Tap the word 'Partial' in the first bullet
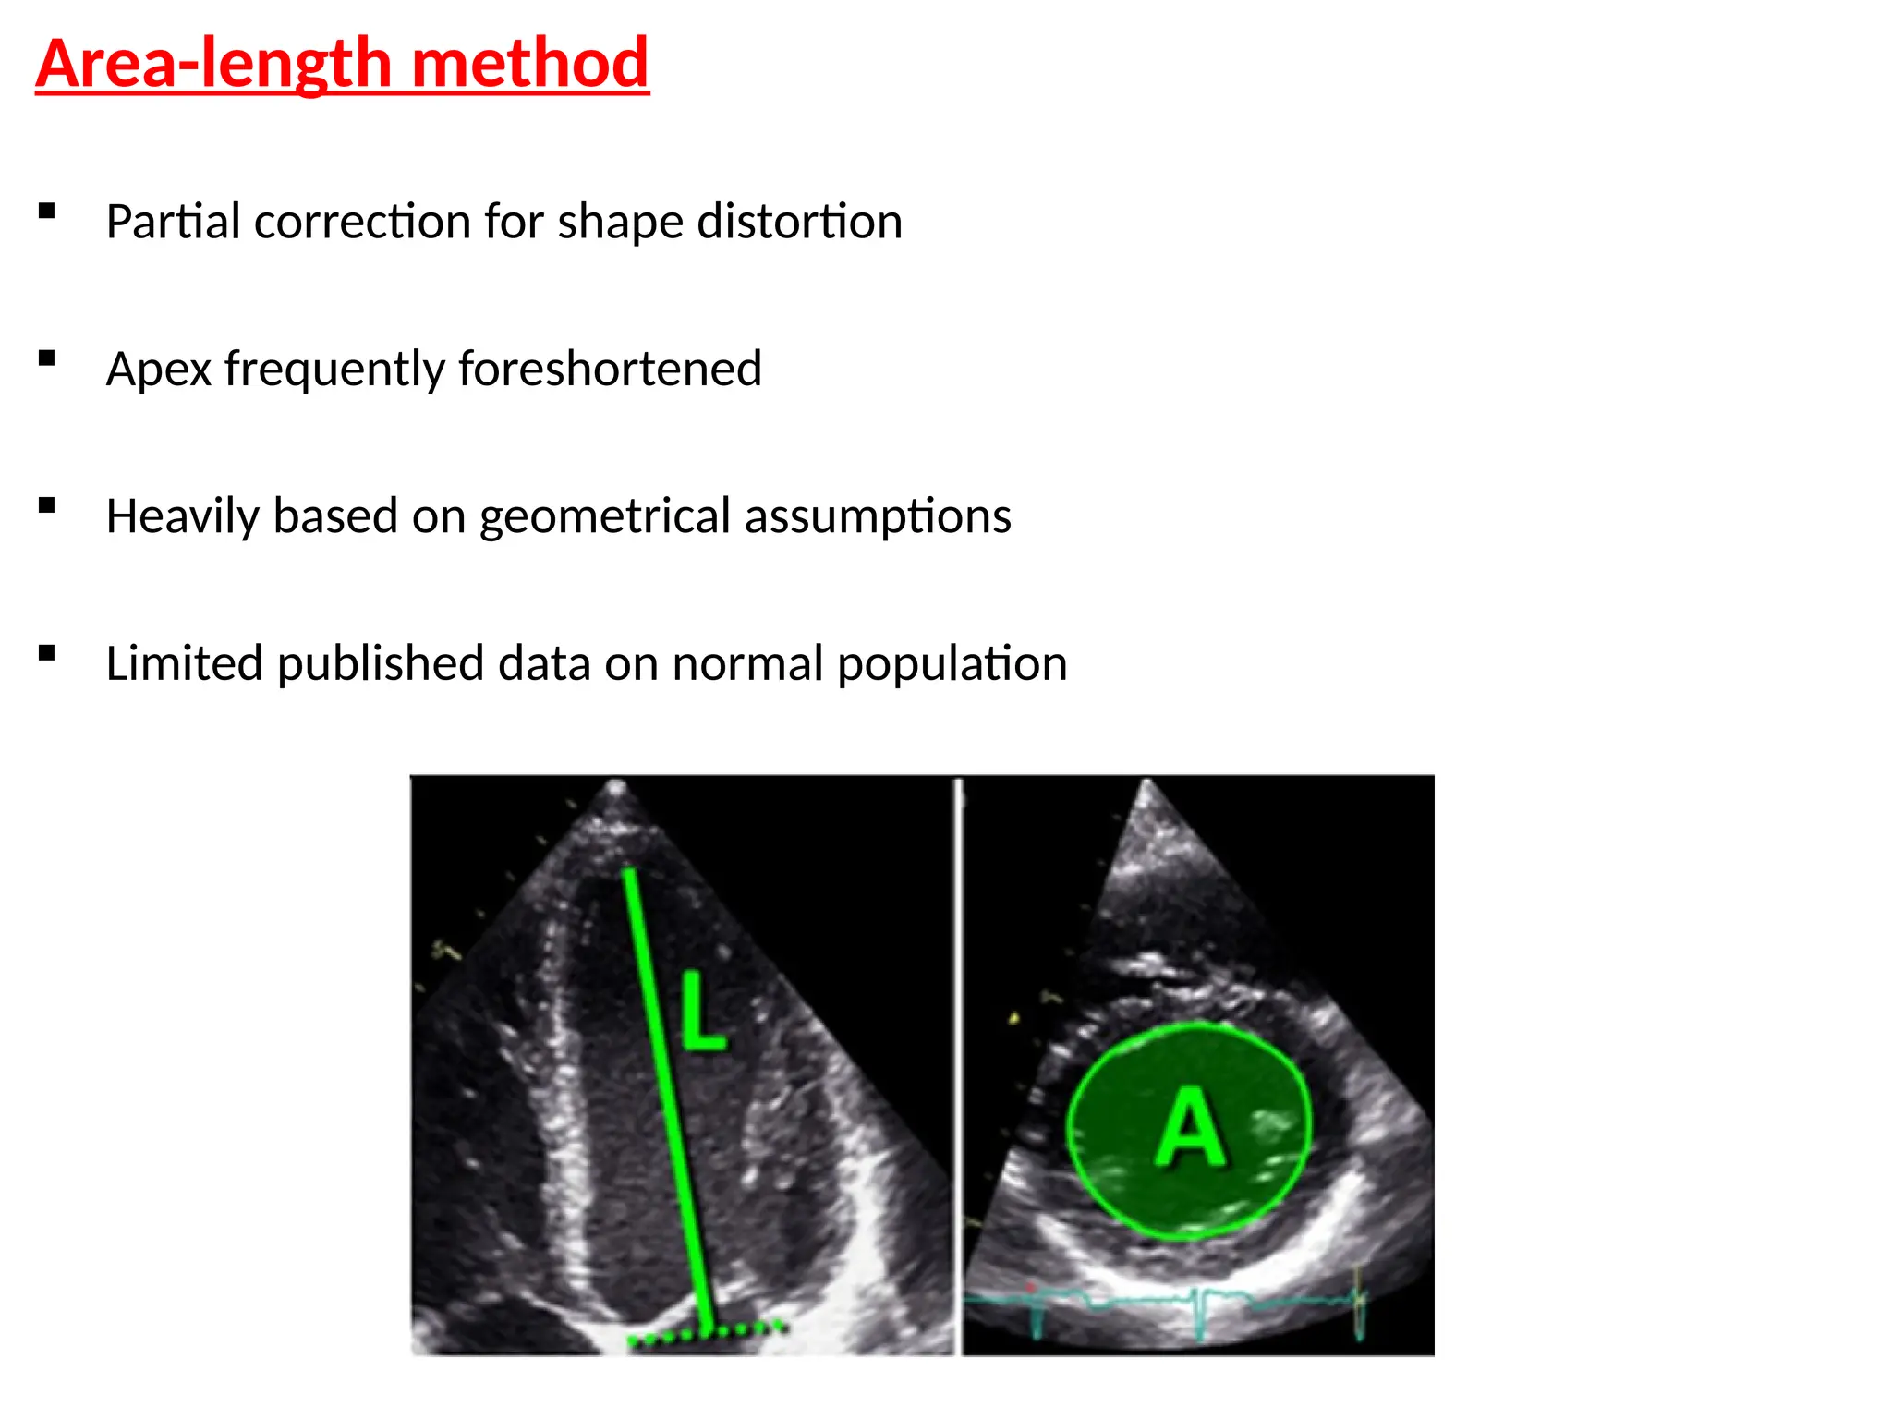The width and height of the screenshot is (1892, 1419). coord(173,222)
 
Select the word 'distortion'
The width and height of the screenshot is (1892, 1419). coord(799,222)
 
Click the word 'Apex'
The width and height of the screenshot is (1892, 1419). coord(159,370)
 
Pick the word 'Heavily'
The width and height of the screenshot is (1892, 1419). coord(182,515)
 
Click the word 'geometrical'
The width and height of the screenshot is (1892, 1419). coord(605,515)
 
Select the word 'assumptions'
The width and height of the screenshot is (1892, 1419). coord(878,515)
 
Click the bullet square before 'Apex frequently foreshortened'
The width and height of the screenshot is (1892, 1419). coord(47,358)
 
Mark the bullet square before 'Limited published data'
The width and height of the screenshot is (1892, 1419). coord(47,653)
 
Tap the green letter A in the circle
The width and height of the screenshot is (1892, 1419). coord(1190,1127)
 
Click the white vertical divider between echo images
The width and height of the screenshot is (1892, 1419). coord(959,1062)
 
